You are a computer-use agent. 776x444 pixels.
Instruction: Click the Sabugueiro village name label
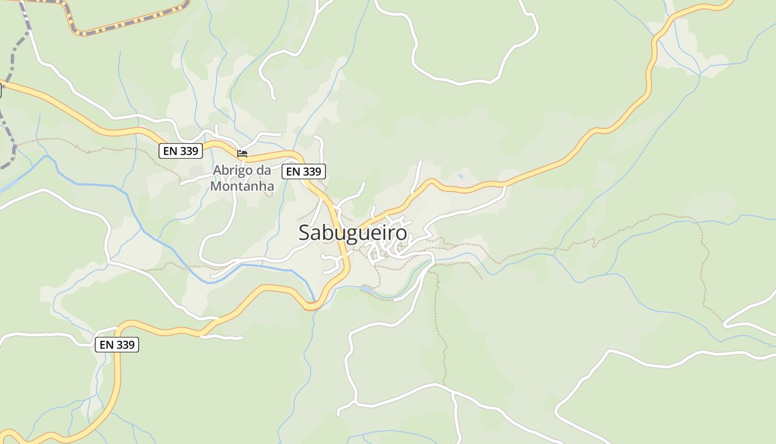(353, 233)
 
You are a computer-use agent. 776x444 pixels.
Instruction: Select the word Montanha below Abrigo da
(242, 186)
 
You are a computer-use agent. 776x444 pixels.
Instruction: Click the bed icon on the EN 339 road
(242, 154)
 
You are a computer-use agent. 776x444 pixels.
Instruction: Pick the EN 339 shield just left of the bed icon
(180, 150)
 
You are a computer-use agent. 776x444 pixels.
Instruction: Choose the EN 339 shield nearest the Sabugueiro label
(303, 171)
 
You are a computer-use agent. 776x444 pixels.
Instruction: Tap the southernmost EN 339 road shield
(116, 345)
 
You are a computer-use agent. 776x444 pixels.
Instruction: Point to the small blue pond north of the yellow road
(460, 176)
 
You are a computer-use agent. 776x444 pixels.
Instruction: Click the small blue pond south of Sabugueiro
(366, 289)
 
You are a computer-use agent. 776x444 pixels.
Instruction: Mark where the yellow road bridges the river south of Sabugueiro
(313, 305)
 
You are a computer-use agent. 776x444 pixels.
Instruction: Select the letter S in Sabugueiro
(305, 233)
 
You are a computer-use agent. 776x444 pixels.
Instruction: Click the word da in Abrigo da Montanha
(264, 170)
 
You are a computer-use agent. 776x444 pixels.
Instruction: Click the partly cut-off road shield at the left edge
(1, 90)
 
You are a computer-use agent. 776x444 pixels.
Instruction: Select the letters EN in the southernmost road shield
(106, 345)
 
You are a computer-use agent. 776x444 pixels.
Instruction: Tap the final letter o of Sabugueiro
(401, 233)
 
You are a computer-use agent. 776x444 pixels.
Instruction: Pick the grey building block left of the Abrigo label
(196, 170)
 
